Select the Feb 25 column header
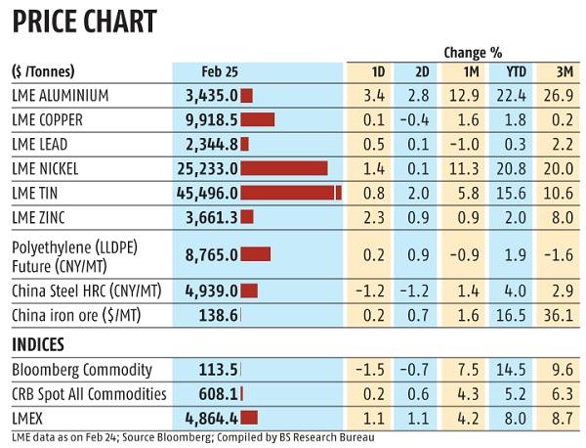coord(221,72)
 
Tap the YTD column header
coord(513,72)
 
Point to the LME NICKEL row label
coord(51,168)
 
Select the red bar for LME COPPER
coord(257,120)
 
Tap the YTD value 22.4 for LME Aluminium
coord(513,95)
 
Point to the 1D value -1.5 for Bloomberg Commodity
coord(374,371)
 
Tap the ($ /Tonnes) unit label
coord(43,72)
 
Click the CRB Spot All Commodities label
coord(89,394)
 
